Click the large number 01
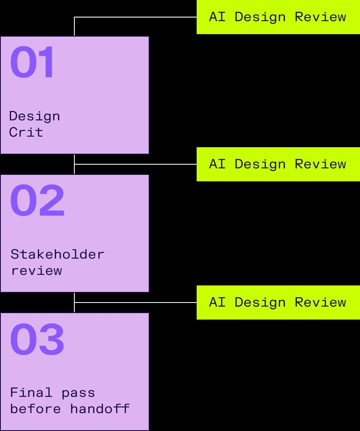[32, 62]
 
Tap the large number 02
[37, 200]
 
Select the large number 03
[37, 339]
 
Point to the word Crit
[26, 132]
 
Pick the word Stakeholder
[57, 254]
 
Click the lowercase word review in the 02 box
[37, 271]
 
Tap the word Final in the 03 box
[31, 392]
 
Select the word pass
[78, 394]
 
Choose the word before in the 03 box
[35, 409]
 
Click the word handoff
[100, 409]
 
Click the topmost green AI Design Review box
[278, 17]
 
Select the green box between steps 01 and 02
[278, 164]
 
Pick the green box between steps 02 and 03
[278, 303]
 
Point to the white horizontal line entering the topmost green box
[135, 17]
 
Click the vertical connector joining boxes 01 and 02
[74, 164]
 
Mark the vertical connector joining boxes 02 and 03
[74, 303]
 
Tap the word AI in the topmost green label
[217, 17]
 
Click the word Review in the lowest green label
[321, 302]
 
